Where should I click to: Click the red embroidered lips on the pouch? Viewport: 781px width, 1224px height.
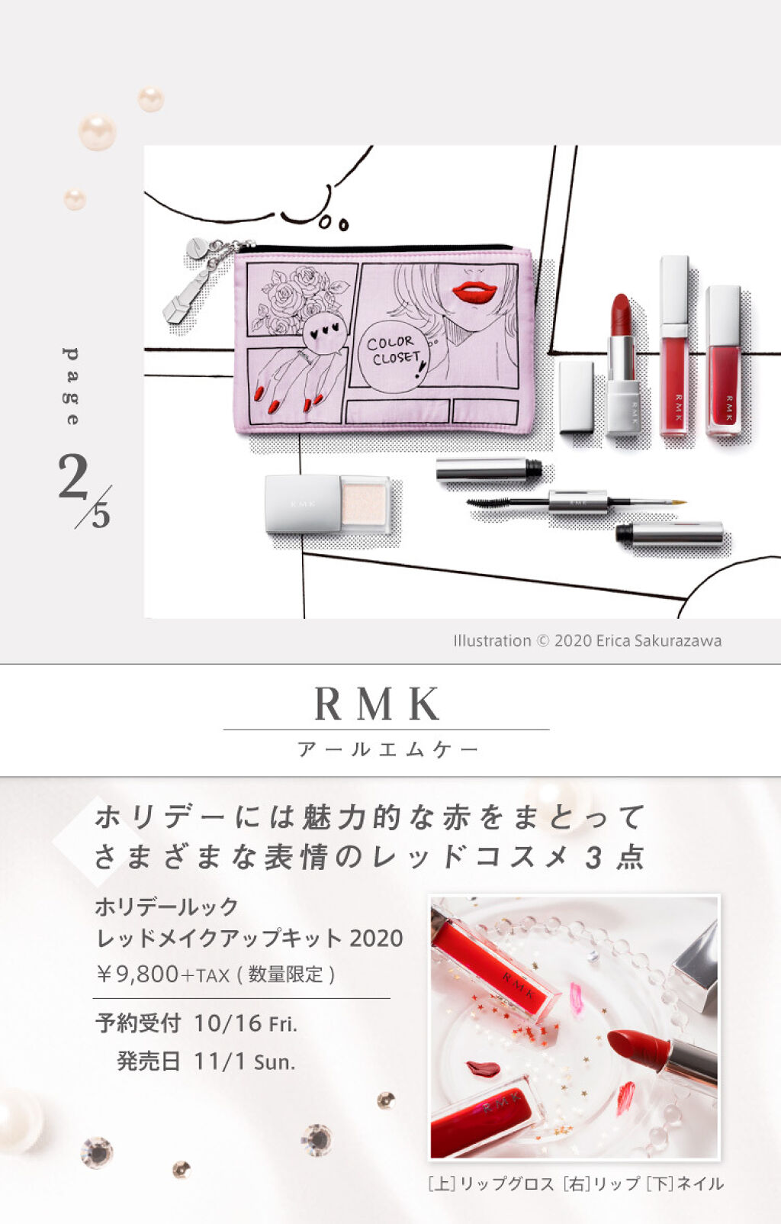474,294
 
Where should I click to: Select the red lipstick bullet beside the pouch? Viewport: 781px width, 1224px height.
621,314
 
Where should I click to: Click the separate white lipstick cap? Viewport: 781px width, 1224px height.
576,396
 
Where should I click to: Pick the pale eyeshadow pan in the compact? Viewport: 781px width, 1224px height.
364,503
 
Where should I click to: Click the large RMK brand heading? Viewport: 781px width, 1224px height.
377,704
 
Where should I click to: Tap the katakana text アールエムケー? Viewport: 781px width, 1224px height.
388,749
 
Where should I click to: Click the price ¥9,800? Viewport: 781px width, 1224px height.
137,974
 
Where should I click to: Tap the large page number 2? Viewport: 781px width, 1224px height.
73,476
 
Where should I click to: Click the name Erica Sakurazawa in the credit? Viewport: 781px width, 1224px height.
658,640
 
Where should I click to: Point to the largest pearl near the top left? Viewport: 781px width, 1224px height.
97,133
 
